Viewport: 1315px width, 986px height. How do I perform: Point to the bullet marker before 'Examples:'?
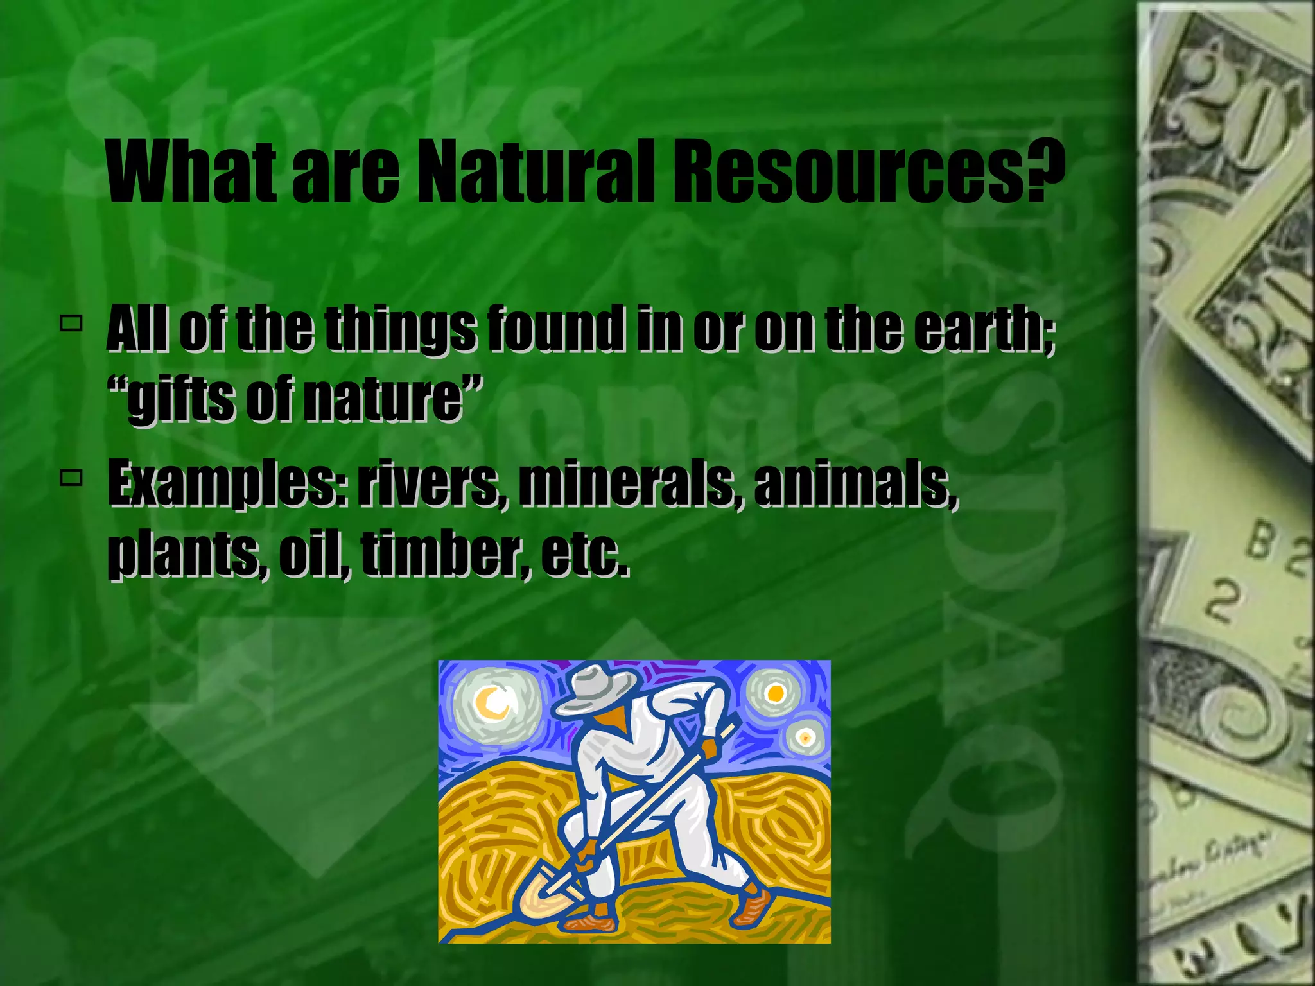click(x=71, y=478)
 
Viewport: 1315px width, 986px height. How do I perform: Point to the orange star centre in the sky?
click(x=775, y=694)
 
